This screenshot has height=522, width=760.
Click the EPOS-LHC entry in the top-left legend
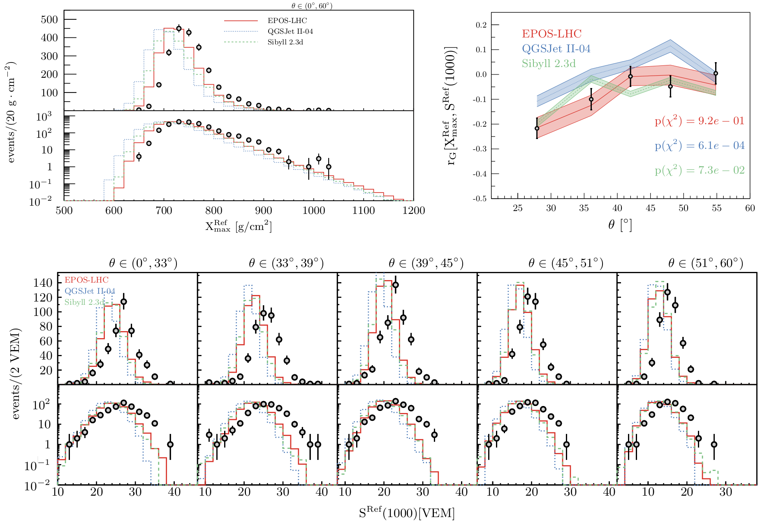287,21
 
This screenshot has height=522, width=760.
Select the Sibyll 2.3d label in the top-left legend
285,42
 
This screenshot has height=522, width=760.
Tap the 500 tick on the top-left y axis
49,20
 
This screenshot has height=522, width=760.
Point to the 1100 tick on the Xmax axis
364,211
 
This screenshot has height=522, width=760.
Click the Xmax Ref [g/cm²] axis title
239,226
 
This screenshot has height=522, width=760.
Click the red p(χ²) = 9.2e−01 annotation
700,121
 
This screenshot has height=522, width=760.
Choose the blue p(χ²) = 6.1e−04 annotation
700,146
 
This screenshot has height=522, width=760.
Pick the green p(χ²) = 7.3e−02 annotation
700,170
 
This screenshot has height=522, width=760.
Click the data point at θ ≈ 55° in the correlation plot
716,74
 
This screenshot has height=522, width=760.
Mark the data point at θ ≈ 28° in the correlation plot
537,128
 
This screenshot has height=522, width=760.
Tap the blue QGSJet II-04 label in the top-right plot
556,49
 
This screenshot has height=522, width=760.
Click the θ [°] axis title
620,225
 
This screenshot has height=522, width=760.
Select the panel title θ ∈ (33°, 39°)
286,263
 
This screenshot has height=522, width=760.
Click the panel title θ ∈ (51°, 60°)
706,263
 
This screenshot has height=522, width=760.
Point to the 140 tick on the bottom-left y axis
43,283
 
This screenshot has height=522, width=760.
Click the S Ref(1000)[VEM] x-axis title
407,513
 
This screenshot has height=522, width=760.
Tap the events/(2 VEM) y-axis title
16,374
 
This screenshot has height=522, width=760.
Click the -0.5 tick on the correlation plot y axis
480,199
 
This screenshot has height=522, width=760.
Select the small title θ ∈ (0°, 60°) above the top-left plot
309,6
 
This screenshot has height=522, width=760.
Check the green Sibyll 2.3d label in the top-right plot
549,63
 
